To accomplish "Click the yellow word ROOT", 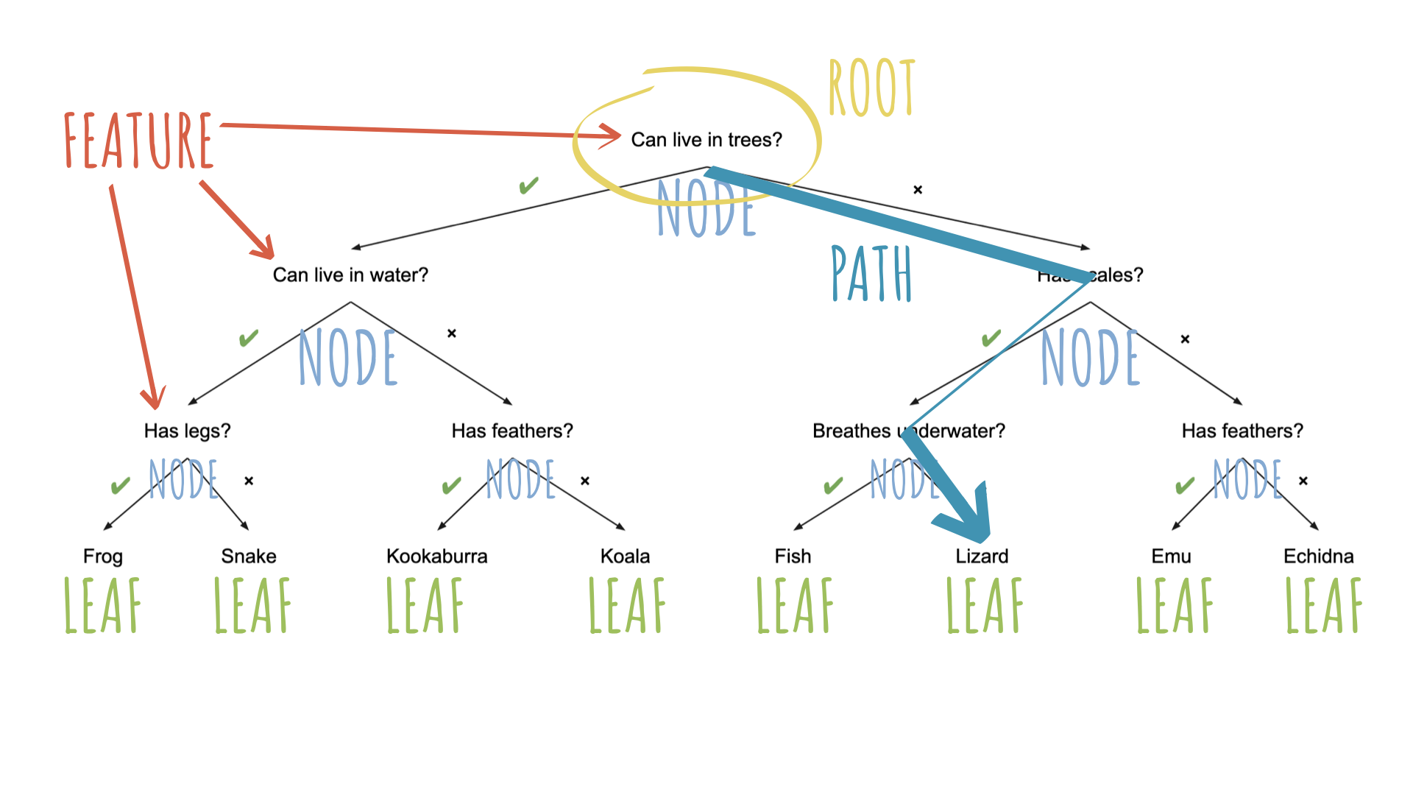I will pyautogui.click(x=871, y=88).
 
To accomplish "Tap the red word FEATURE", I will pyautogui.click(x=138, y=140).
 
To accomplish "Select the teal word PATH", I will pyautogui.click(x=871, y=274).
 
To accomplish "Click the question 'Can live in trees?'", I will pyautogui.click(x=706, y=140).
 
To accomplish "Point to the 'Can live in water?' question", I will pyautogui.click(x=350, y=275).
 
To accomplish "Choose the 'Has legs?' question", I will pyautogui.click(x=187, y=431).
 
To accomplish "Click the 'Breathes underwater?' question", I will pyautogui.click(x=908, y=431).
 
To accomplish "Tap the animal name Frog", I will pyautogui.click(x=102, y=556).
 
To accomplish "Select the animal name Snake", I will pyautogui.click(x=249, y=556).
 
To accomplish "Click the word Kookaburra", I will pyautogui.click(x=436, y=556).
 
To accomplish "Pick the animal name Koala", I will pyautogui.click(x=625, y=556).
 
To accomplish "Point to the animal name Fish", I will pyautogui.click(x=793, y=556).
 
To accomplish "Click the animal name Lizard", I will pyautogui.click(x=982, y=556).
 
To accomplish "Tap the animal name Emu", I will pyautogui.click(x=1171, y=556).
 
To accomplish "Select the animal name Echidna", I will pyautogui.click(x=1318, y=556).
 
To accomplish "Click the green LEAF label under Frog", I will pyautogui.click(x=102, y=605).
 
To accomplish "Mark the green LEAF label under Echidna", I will pyautogui.click(x=1323, y=605).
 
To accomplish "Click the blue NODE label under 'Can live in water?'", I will pyautogui.click(x=348, y=358).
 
